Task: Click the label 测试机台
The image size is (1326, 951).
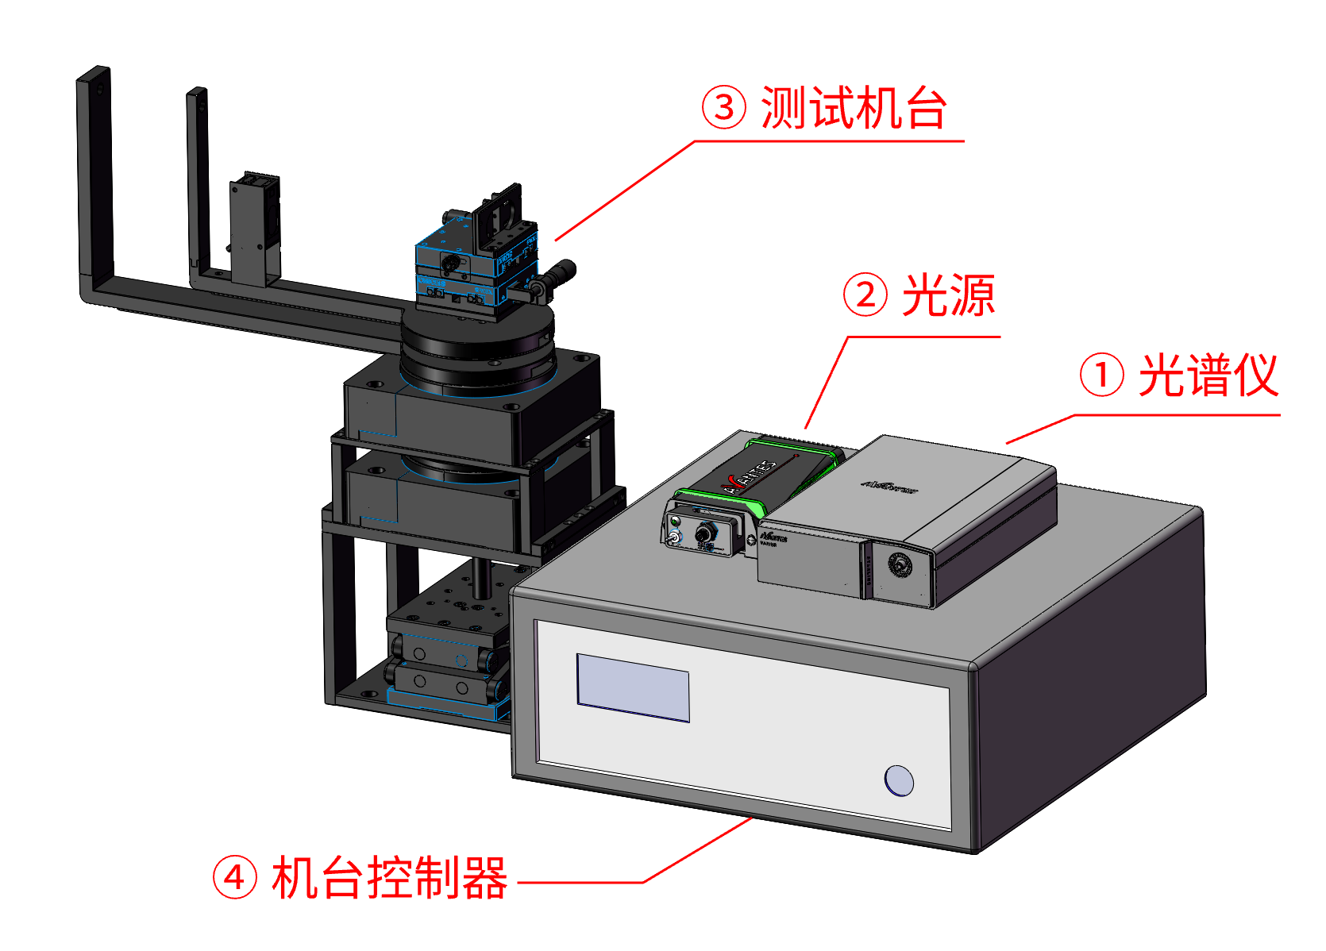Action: pos(854,108)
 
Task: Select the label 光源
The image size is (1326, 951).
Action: pos(949,295)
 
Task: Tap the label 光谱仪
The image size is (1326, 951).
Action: pos(1208,375)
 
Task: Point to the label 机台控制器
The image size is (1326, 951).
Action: pos(389,878)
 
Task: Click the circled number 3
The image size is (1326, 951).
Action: pos(724,108)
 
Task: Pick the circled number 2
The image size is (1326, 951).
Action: pos(865,295)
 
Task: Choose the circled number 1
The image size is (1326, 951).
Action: pos(1101,375)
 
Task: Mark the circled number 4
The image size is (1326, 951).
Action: pos(235,878)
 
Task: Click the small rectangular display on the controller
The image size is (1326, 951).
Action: pos(633,687)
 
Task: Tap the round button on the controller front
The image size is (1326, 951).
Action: pos(899,780)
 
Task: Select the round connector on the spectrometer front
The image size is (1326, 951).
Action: pos(900,565)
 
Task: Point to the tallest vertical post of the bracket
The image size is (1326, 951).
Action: pos(94,175)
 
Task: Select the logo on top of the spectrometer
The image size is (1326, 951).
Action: pos(889,485)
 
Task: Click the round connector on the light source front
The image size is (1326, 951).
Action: pos(703,533)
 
